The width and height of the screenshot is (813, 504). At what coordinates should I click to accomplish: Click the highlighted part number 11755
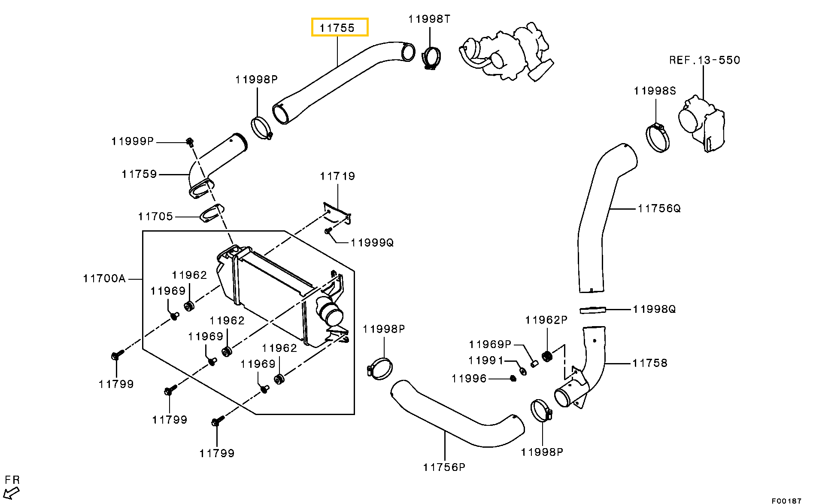(x=337, y=28)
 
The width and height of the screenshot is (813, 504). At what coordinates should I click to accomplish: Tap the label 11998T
(x=429, y=19)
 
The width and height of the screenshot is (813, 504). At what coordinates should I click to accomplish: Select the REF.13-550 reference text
(x=705, y=60)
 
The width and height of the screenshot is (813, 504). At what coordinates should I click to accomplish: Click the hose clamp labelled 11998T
(x=431, y=58)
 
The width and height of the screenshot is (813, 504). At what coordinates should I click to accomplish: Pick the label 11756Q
(x=659, y=208)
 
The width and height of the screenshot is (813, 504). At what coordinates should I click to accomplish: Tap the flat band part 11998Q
(x=593, y=310)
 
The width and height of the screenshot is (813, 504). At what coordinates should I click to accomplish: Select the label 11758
(x=650, y=363)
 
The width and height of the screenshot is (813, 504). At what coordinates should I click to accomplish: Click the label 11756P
(x=444, y=467)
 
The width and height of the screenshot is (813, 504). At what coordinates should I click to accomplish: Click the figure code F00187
(x=787, y=501)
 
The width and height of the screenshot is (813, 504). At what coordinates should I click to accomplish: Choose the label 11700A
(x=104, y=278)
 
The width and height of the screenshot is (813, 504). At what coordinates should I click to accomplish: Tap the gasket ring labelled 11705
(x=212, y=213)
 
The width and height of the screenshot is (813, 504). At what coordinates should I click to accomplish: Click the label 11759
(x=140, y=174)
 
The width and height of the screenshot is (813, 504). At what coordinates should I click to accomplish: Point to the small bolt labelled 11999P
(x=189, y=141)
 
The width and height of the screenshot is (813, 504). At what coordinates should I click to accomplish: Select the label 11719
(x=338, y=176)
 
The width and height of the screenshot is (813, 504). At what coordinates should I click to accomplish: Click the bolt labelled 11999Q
(x=328, y=231)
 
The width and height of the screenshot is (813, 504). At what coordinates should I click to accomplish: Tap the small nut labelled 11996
(x=513, y=379)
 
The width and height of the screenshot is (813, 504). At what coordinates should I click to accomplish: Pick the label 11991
(x=486, y=360)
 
